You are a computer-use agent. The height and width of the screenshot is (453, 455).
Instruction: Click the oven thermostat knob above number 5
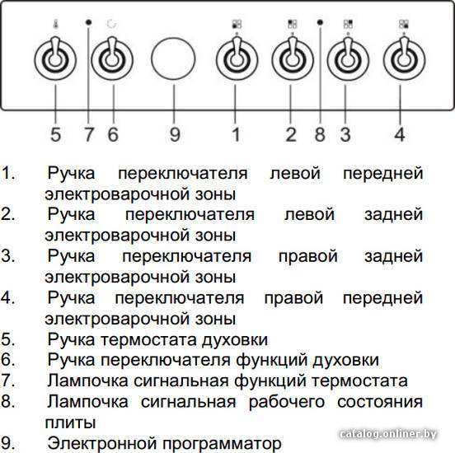[55, 59]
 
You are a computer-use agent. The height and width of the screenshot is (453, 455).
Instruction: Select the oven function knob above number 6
[112, 59]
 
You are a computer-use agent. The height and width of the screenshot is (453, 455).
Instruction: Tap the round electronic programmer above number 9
[173, 58]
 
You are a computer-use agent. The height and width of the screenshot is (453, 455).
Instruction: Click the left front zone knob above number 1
[237, 60]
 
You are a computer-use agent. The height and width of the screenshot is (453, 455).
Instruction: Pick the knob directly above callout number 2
[293, 60]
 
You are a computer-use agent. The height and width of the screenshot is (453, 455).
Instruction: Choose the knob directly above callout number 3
[348, 60]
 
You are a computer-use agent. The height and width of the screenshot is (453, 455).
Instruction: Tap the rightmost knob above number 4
[404, 60]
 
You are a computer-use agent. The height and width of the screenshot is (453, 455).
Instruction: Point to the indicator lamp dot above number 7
[89, 22]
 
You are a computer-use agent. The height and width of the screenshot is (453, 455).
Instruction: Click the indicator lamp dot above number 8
[320, 22]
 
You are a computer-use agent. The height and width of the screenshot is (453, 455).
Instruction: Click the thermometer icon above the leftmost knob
[55, 24]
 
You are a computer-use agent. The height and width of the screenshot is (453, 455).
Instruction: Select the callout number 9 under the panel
[175, 134]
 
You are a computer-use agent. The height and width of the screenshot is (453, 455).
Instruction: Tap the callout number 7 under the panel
[89, 134]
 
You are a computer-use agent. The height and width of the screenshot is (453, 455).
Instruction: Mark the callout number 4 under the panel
[399, 134]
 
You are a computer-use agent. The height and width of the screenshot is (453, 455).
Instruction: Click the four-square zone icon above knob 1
[237, 24]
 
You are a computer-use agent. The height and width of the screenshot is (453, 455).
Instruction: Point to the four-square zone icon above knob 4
[404, 24]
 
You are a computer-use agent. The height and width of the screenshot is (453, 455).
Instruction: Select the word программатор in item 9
[222, 444]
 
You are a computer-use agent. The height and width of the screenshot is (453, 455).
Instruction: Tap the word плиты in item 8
[70, 423]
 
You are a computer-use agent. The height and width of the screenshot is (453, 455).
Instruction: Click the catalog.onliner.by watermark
[388, 434]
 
